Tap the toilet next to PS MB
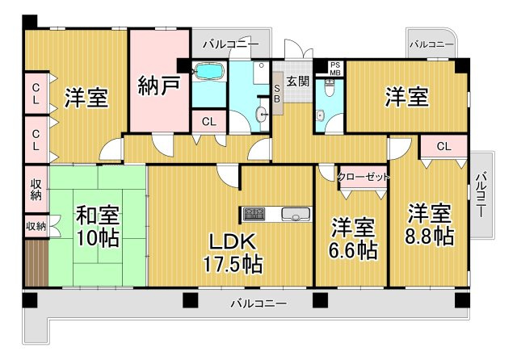coord(329,88)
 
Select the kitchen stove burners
coord(254,214)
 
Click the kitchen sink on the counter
coord(296,214)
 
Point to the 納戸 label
coord(159,86)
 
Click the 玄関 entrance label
coord(298,81)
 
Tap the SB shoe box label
coord(277,93)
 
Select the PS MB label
coord(335,69)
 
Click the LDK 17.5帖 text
coord(233,253)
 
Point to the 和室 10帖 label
coord(98,227)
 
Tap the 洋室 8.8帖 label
coord(429,224)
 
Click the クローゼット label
coord(364,178)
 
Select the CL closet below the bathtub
coord(209,122)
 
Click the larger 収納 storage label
coord(36,190)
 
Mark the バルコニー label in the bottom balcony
coord(258,303)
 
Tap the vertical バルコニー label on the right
coord(481,195)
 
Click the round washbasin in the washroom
coord(262,115)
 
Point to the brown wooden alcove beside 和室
coord(36,262)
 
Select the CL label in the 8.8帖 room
coord(443,146)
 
